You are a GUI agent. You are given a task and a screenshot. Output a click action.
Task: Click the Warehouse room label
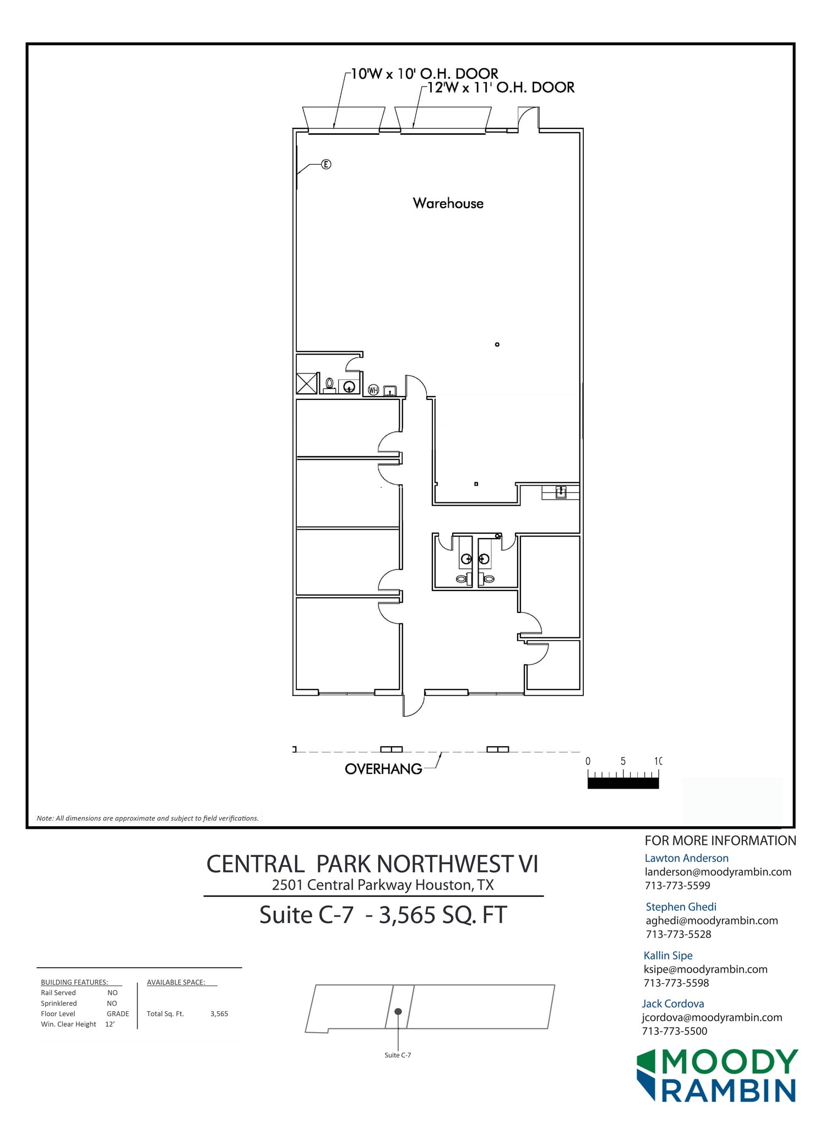point(448,203)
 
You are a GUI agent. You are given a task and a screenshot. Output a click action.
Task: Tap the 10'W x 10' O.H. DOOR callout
point(424,73)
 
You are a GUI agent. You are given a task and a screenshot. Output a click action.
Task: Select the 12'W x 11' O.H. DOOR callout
point(500,88)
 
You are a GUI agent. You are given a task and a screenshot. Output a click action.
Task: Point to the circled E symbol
point(326,164)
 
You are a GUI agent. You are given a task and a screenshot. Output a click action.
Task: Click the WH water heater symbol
point(373,391)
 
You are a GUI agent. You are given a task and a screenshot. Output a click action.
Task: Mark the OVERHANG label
point(383,769)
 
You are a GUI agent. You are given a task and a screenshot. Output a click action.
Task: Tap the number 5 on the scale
point(623,761)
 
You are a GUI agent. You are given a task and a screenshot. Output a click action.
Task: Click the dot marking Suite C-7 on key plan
point(398,1012)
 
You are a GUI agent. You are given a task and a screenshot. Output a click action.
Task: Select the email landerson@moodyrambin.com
point(718,872)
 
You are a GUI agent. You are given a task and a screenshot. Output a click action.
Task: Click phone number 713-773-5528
point(678,934)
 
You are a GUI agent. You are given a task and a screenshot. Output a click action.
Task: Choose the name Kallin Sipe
point(667,955)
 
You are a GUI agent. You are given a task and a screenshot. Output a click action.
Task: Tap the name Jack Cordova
point(672,1004)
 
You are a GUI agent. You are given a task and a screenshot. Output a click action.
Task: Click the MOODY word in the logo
point(729,1062)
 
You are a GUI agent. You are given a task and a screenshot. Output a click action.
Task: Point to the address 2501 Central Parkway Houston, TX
point(383,885)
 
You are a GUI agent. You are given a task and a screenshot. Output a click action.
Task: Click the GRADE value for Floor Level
point(118,1013)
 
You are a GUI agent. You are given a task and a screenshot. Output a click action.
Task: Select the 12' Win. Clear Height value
point(110,1024)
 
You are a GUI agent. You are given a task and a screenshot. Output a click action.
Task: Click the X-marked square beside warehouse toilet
point(307,383)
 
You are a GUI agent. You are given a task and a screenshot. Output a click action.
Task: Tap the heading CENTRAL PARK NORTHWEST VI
point(372,864)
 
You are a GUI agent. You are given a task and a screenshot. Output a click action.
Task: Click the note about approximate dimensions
point(148,818)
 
